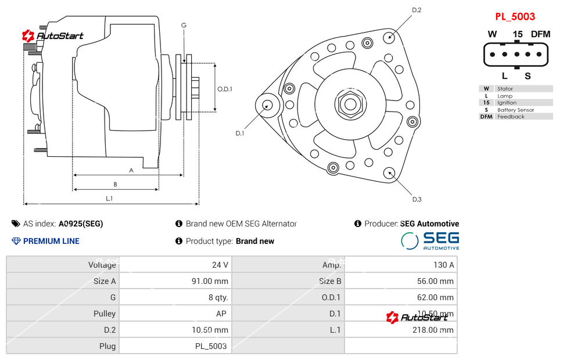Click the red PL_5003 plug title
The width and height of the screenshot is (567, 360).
[x=515, y=17]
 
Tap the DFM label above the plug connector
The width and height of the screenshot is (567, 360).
[x=540, y=34]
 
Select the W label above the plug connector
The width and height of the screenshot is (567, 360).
[x=492, y=34]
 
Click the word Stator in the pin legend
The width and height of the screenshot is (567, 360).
[x=505, y=89]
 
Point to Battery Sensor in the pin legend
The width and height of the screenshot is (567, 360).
[x=515, y=110]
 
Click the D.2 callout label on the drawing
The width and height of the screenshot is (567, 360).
[x=416, y=10]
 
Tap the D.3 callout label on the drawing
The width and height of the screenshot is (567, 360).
[x=417, y=199]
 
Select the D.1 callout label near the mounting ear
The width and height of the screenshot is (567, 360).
[x=240, y=133]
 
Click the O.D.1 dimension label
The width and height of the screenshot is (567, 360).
[x=225, y=89]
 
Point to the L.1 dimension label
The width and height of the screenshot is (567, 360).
[x=109, y=199]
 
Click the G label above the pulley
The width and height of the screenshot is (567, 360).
[x=184, y=25]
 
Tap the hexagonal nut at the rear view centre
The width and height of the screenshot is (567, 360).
[x=350, y=105]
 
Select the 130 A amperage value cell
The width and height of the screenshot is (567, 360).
[x=444, y=265]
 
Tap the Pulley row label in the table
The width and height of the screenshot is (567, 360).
[x=105, y=314]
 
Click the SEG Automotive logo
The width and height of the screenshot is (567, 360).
[x=430, y=240]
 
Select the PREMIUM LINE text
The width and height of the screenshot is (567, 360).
[x=51, y=241]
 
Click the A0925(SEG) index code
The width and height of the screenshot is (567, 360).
[x=81, y=224]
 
